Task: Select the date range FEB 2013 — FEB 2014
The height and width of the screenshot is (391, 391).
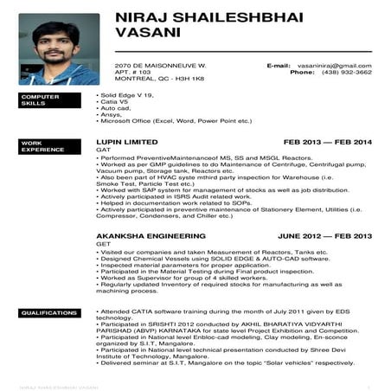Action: pyautogui.click(x=327, y=141)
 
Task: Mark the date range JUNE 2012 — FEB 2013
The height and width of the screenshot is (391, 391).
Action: pyautogui.click(x=324, y=235)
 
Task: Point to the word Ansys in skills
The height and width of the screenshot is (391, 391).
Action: pyautogui.click(x=111, y=114)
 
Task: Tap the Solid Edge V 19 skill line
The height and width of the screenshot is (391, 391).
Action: pyautogui.click(x=123, y=95)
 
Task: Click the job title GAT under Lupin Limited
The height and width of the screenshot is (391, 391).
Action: pyautogui.click(x=101, y=150)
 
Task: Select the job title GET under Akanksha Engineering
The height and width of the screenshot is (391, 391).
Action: pyautogui.click(x=101, y=244)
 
